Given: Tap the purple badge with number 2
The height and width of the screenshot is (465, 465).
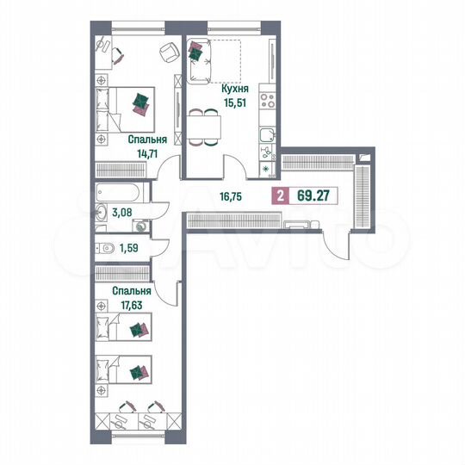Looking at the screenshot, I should click(x=279, y=195).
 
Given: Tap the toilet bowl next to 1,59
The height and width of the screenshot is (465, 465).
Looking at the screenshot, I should click(x=105, y=249).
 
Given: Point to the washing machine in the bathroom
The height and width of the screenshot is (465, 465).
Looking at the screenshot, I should click(x=139, y=226).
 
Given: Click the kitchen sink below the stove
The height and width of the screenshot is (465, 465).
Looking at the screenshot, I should click(x=267, y=133).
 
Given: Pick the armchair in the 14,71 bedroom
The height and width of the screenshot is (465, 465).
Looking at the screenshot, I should click(x=164, y=54).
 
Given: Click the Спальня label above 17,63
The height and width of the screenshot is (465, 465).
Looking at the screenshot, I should click(x=132, y=291).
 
